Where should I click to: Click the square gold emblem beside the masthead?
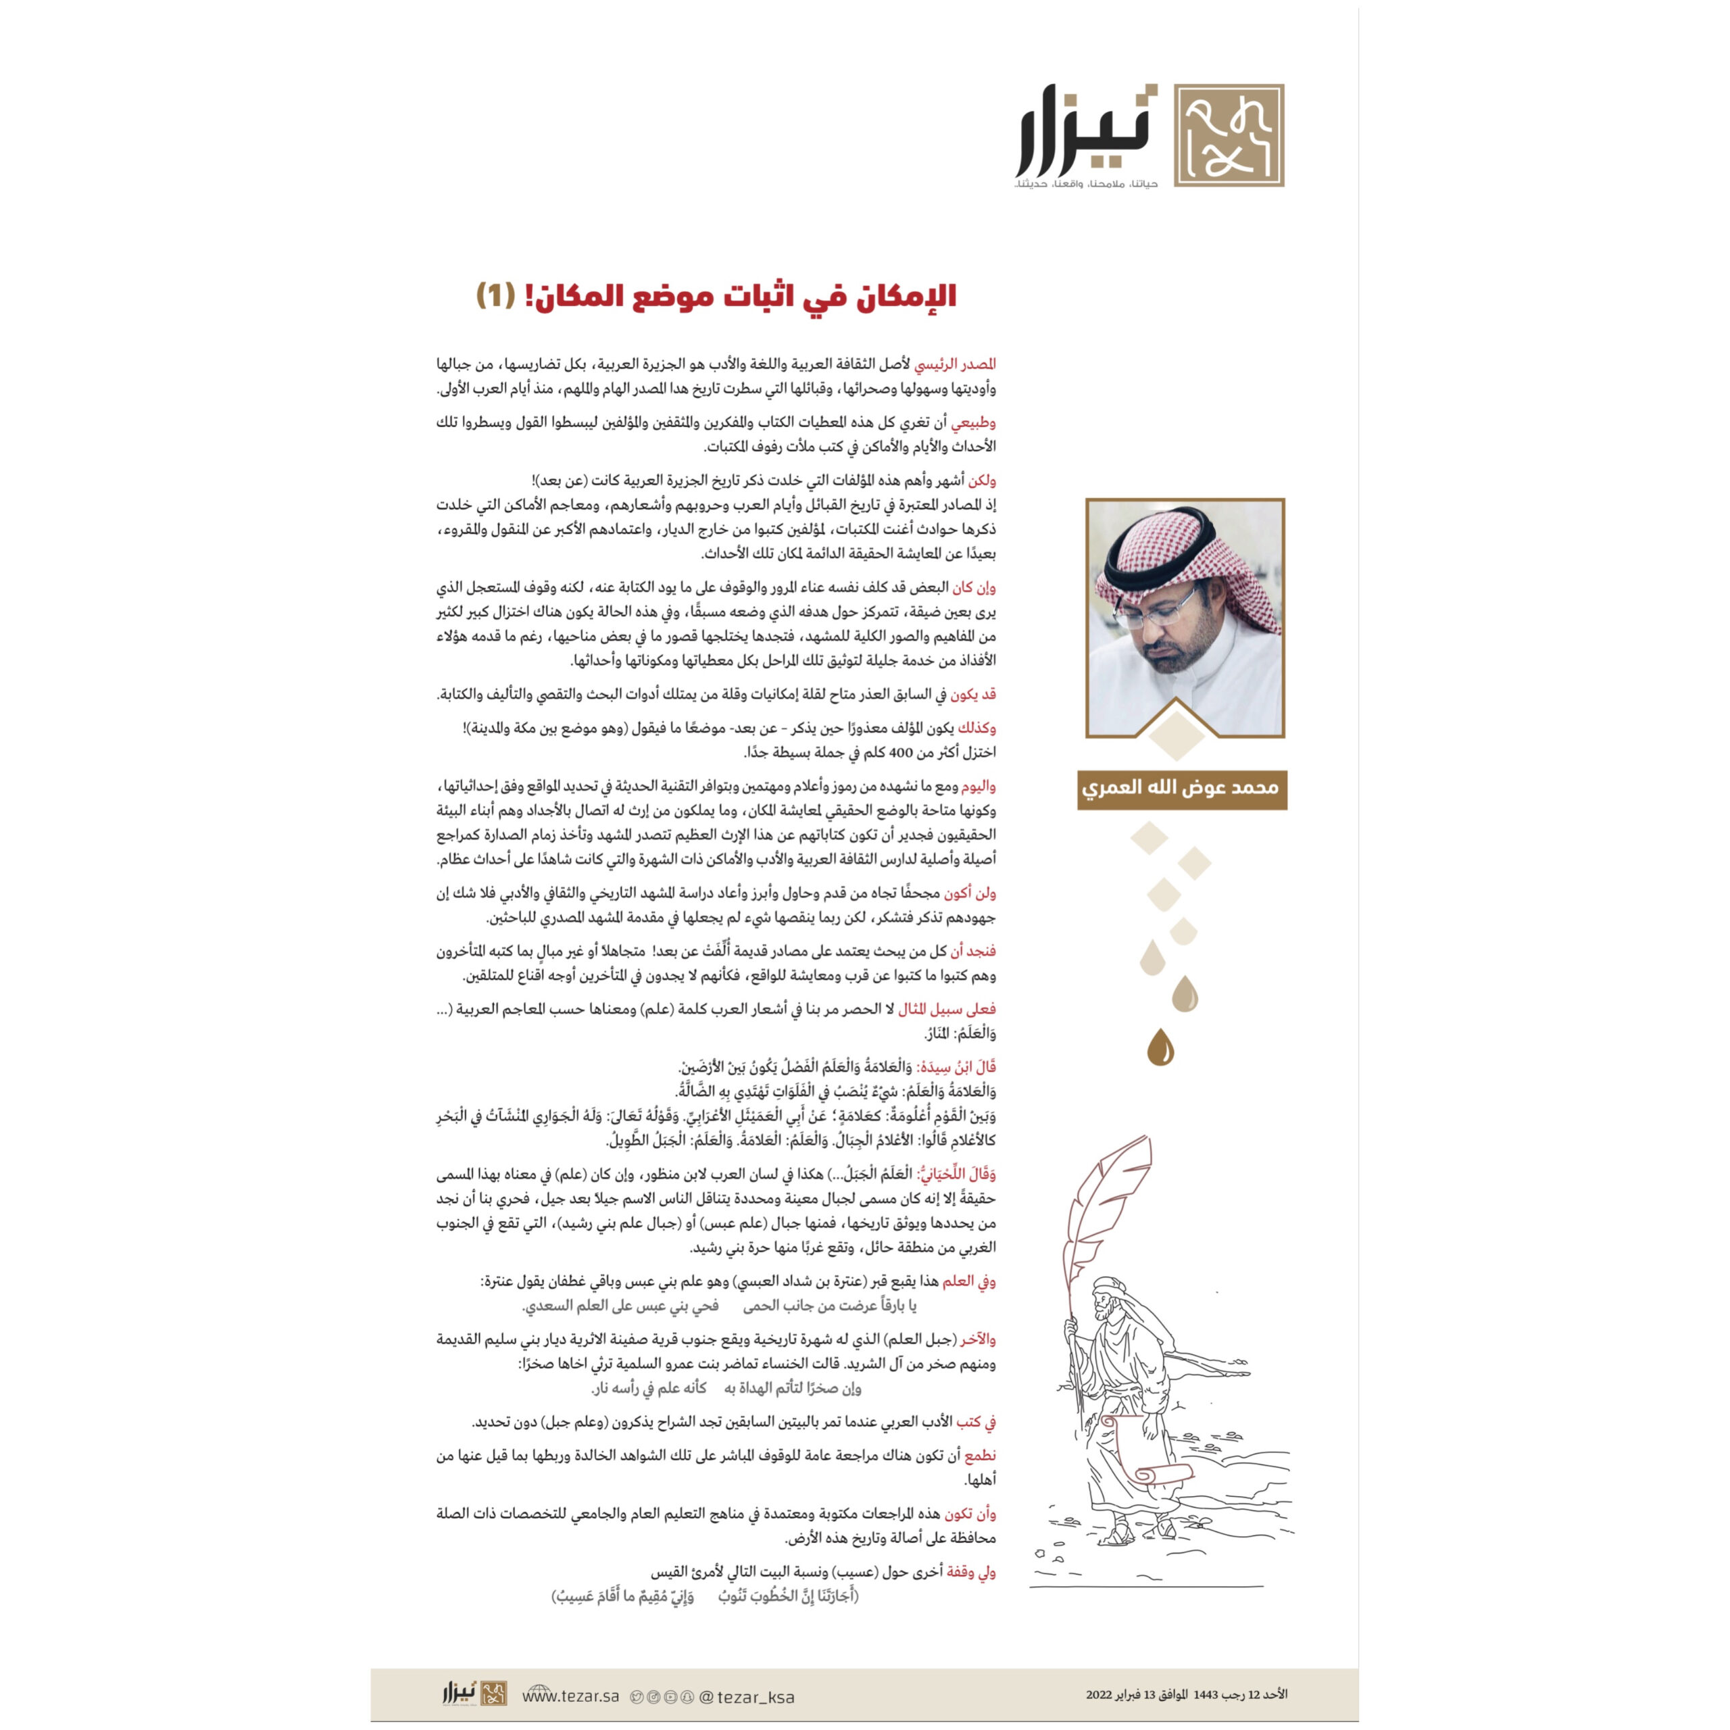coord(1229,135)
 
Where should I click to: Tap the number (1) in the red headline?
coord(495,295)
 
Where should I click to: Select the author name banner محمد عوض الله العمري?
coord(1182,789)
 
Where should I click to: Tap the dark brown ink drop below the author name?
coord(1162,1047)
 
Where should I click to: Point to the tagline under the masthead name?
coord(1085,184)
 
